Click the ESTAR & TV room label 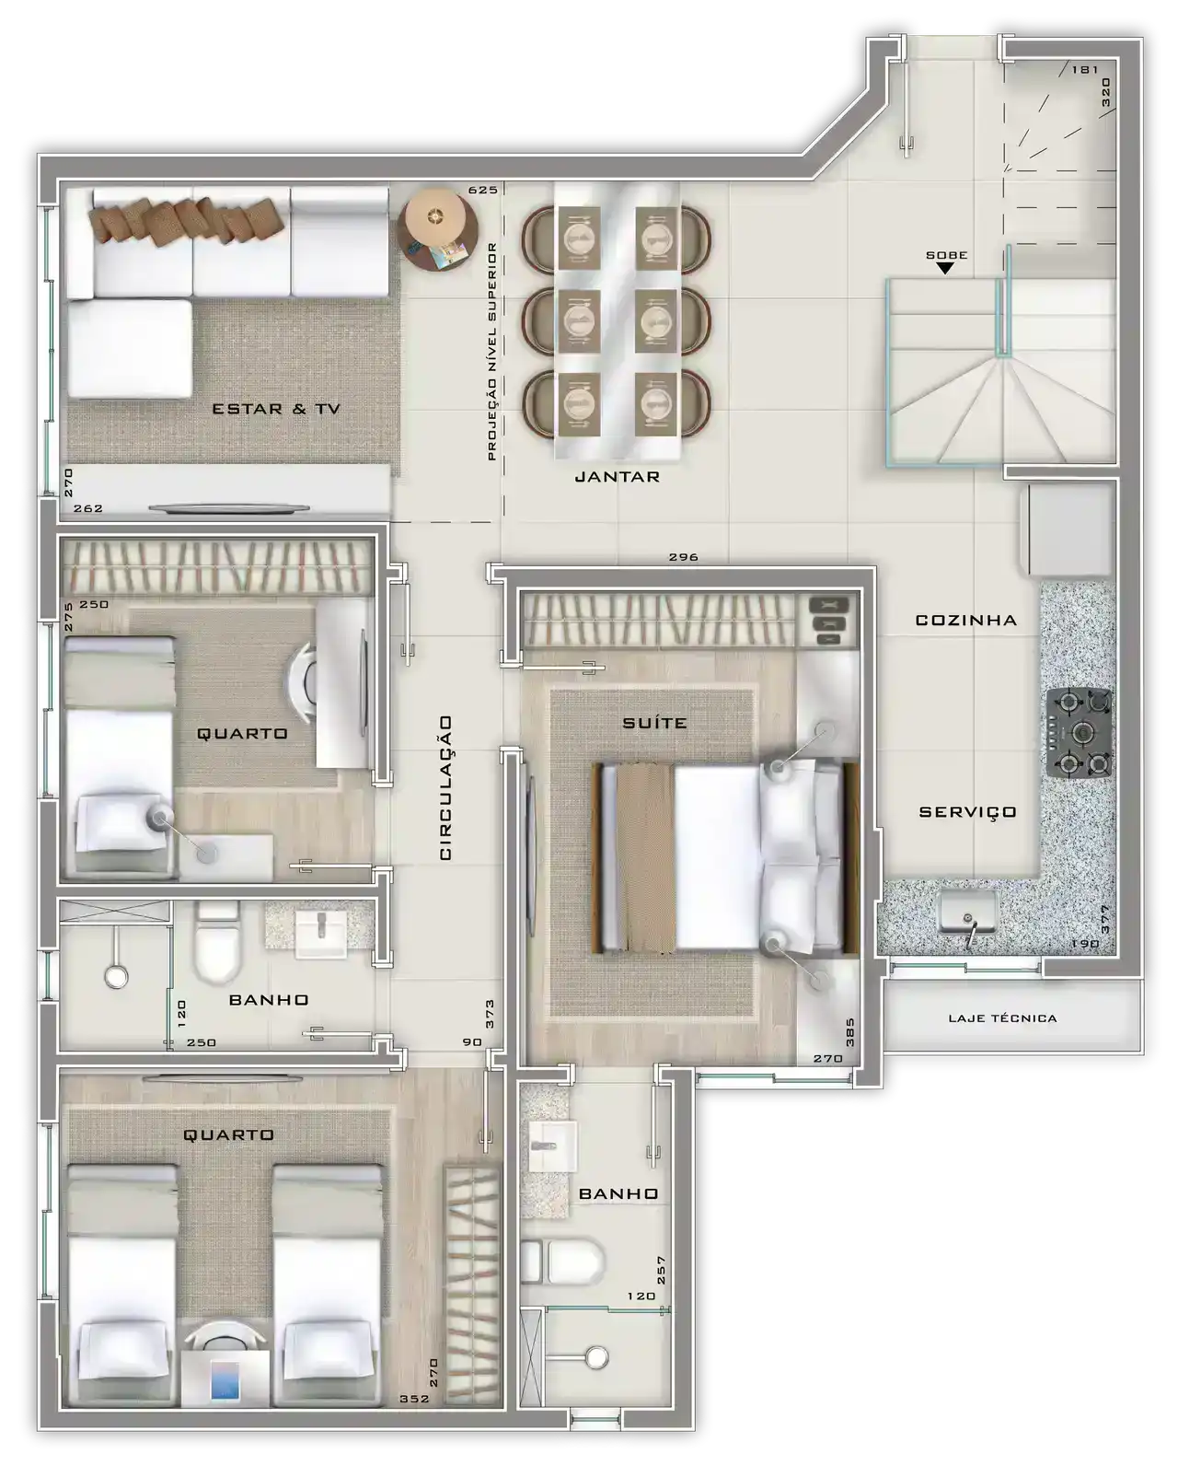(x=275, y=409)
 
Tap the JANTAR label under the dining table (x=618, y=477)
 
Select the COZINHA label (x=965, y=621)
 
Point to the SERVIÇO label (x=967, y=812)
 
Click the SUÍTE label (x=654, y=722)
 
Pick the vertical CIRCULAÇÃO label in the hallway (x=445, y=787)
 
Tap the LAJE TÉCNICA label (x=1002, y=1018)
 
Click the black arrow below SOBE (x=945, y=269)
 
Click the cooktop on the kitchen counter (x=1080, y=733)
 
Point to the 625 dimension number (x=482, y=190)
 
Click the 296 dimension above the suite (x=683, y=557)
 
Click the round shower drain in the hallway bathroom (x=116, y=977)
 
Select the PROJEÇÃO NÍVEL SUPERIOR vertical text (x=492, y=351)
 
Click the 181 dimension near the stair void (x=1085, y=69)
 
